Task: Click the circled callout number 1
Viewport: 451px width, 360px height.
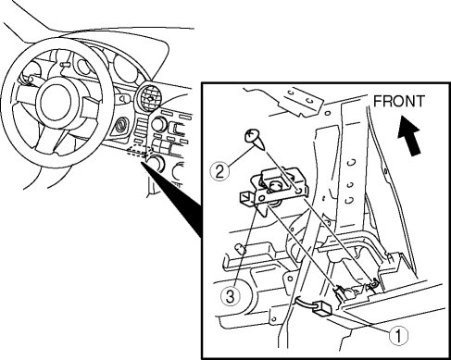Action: tap(398, 336)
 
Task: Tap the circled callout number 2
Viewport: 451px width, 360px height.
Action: tap(219, 171)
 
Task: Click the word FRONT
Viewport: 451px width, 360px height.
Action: tap(399, 101)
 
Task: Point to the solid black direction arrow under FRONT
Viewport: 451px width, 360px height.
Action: tap(410, 136)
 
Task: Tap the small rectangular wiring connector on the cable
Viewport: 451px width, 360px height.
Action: tap(323, 308)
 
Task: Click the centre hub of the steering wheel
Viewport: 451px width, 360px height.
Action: tap(56, 103)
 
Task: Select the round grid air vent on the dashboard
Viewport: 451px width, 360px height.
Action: tap(150, 97)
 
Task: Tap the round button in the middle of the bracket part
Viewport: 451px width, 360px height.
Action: tap(275, 186)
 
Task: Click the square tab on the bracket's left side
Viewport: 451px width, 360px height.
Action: tap(247, 198)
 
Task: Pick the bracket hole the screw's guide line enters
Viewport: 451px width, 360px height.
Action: tap(297, 192)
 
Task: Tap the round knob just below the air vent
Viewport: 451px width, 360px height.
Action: tap(157, 124)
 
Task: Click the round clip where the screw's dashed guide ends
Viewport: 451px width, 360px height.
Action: tap(374, 283)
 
